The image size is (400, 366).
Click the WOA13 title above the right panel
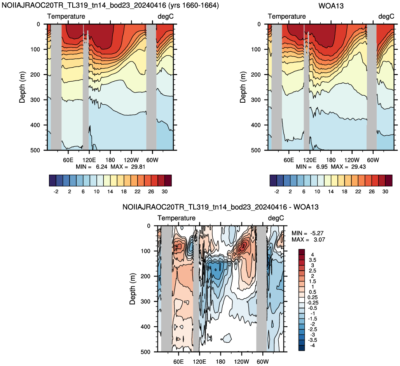pos(331,5)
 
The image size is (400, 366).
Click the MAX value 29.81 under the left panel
pos(138,167)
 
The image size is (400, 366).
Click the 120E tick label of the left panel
pos(89,160)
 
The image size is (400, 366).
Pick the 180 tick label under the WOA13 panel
pos(331,160)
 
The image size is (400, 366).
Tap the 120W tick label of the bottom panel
pos(241,362)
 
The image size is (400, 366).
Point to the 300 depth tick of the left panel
pos(35,100)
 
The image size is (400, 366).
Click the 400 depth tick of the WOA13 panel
pos(256,125)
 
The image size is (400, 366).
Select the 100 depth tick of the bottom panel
pos(146,251)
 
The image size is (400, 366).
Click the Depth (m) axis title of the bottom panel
pos(133,289)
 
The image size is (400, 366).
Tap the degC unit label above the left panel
pos(166,16)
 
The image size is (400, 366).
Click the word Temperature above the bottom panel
pos(176,218)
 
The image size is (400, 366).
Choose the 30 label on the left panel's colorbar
pos(164,191)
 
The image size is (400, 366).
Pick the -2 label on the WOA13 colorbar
pos(276,191)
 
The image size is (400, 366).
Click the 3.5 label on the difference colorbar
pos(312,260)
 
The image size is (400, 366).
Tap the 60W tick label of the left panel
pos(152,160)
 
